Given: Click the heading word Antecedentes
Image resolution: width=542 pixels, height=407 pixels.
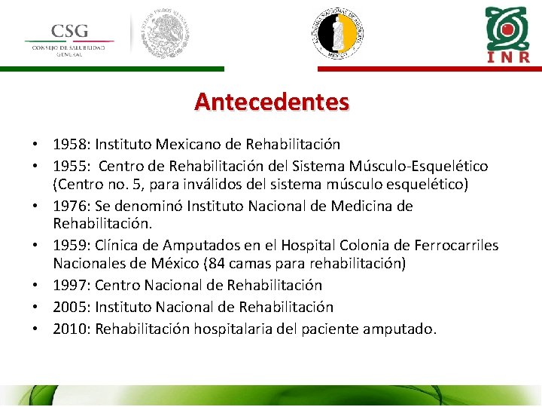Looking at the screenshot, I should click(x=272, y=101).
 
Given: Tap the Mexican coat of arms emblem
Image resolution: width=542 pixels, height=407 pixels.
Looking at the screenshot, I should click(x=166, y=35).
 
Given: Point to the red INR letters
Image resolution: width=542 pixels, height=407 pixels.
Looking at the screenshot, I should click(x=509, y=57).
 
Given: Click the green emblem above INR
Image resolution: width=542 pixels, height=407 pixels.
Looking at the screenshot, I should click(x=508, y=26).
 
